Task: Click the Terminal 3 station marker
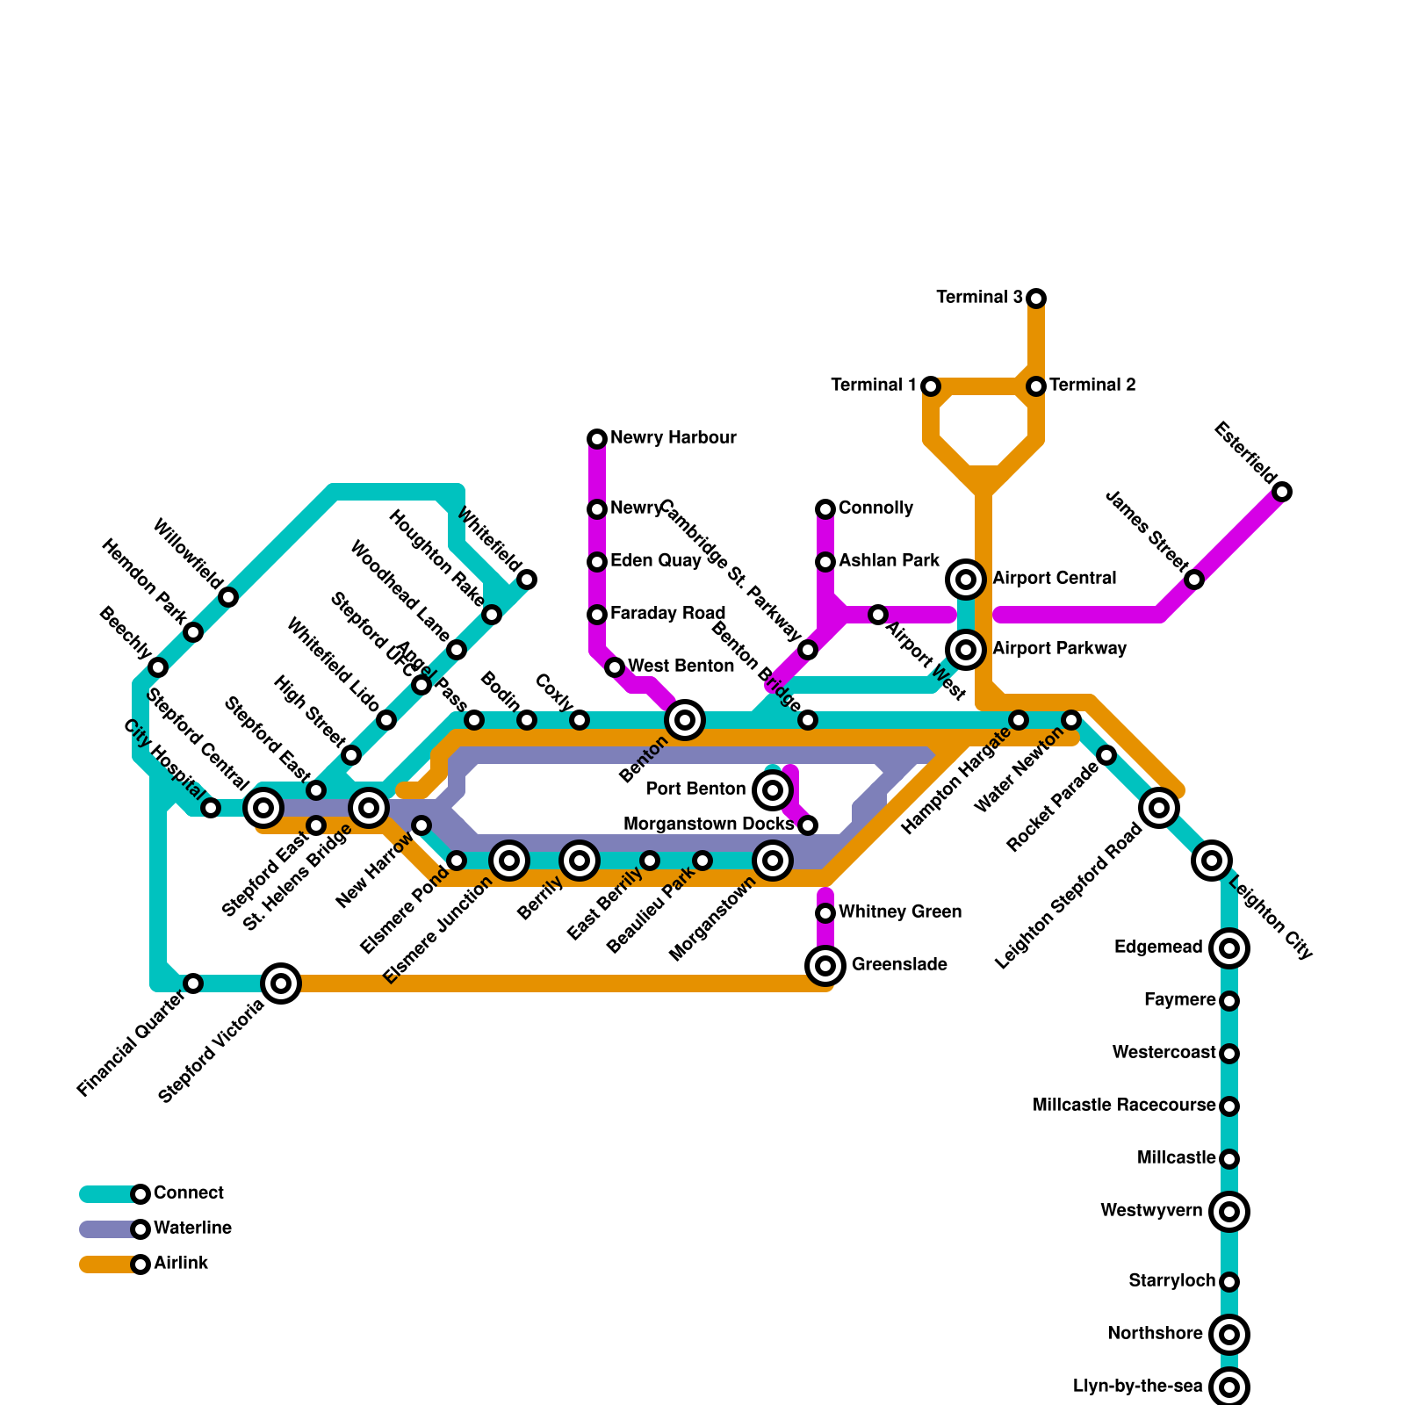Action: tap(1036, 299)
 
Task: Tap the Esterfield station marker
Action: tap(1282, 492)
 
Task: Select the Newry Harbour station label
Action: tap(673, 438)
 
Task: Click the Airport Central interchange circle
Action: tap(966, 580)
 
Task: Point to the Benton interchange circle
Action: tap(685, 720)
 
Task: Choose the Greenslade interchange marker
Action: tap(825, 966)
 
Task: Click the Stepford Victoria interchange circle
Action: tap(281, 983)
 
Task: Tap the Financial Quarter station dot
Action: tap(193, 983)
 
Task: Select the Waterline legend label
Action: tap(192, 1228)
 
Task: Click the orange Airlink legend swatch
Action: tap(105, 1264)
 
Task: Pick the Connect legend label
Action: tap(188, 1193)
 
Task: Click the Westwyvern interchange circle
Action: tap(1229, 1212)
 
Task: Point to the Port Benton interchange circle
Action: tap(773, 790)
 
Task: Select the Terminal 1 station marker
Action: tap(931, 386)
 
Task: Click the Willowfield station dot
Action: tap(228, 597)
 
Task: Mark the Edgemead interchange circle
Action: tap(1229, 948)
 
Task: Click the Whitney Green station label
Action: tap(899, 912)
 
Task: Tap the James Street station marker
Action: tap(1194, 580)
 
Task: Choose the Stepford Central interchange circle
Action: tap(263, 808)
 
